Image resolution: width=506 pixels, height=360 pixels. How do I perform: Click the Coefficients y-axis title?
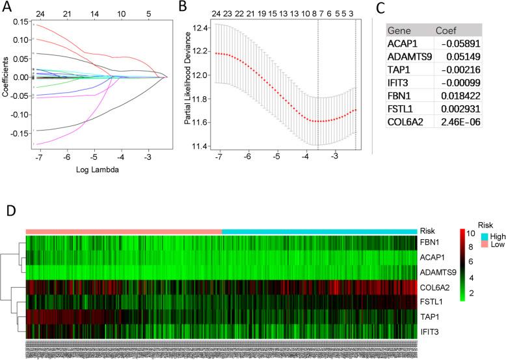6,77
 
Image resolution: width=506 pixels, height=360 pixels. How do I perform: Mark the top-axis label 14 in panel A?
95,12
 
